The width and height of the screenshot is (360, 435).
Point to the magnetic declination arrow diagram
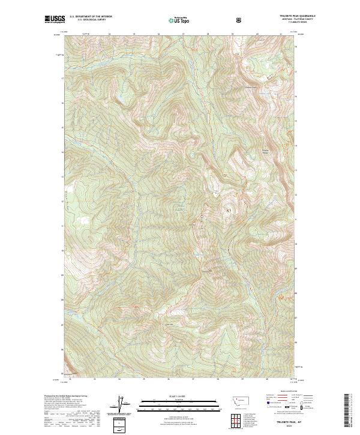coord(124,405)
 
